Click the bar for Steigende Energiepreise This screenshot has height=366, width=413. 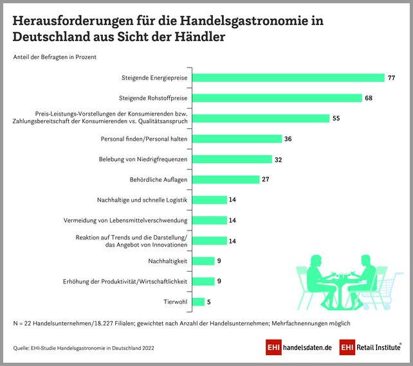288,78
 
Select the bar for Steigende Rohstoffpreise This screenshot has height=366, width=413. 277,98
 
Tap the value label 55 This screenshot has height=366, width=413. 336,118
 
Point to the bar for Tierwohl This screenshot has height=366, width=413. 198,301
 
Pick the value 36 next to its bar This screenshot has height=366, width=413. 288,139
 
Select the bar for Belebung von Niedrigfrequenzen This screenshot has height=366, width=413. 232,159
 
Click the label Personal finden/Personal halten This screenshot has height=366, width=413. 144,139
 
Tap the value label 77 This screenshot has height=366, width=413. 390,78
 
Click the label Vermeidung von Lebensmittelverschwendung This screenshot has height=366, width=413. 125,220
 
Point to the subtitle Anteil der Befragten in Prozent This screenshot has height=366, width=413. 55,57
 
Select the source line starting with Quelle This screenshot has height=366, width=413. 84,348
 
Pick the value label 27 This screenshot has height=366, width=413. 265,180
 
